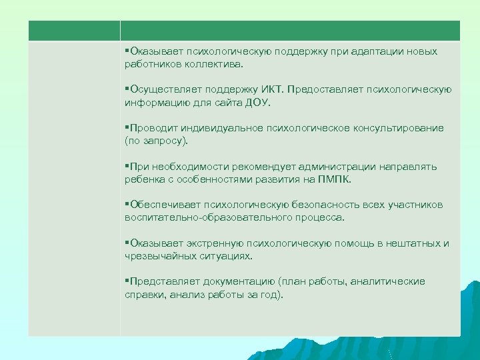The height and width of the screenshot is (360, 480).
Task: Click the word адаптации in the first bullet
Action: pyautogui.click(x=366, y=51)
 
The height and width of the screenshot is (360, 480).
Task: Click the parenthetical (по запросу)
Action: pyautogui.click(x=156, y=141)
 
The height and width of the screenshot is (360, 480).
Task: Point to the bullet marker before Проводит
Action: pyautogui.click(x=127, y=128)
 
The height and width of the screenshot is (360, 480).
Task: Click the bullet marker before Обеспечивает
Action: pyautogui.click(x=127, y=205)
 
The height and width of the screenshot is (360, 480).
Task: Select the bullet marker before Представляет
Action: pyautogui.click(x=127, y=281)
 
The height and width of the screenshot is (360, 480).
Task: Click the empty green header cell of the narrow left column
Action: pyautogui.click(x=74, y=30)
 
